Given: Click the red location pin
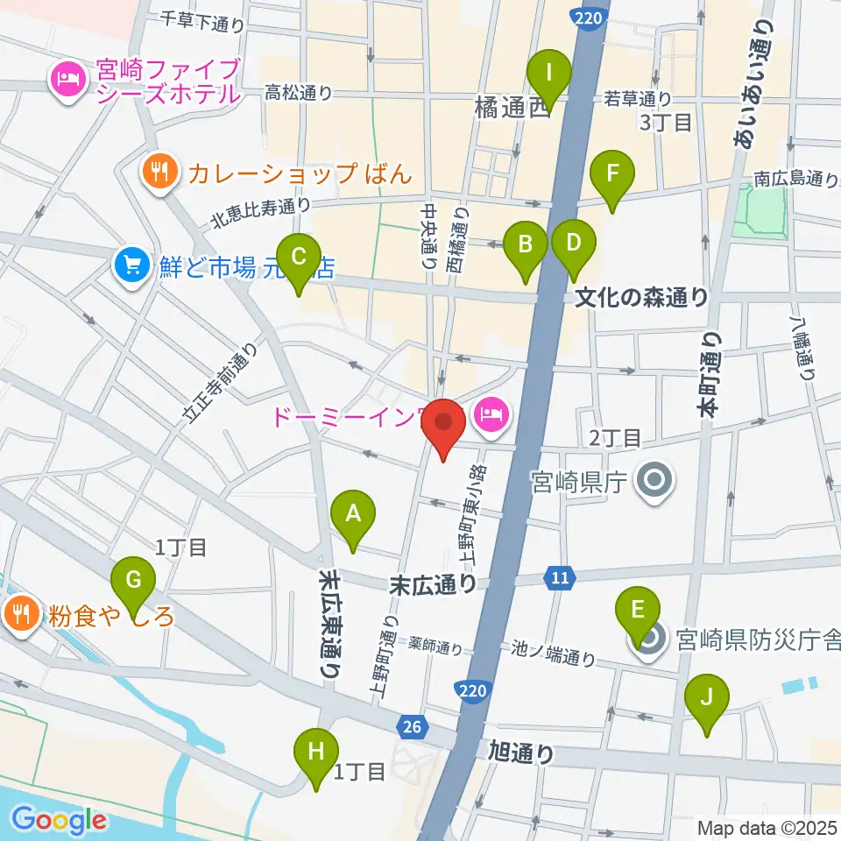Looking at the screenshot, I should click(x=443, y=427).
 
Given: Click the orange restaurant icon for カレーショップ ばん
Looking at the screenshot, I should click(x=159, y=171).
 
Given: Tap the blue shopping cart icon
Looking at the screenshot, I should click(x=132, y=263).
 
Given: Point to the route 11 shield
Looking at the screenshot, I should click(x=560, y=576).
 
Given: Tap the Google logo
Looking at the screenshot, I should click(x=59, y=819).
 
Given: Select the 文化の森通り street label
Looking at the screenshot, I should click(x=641, y=298).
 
